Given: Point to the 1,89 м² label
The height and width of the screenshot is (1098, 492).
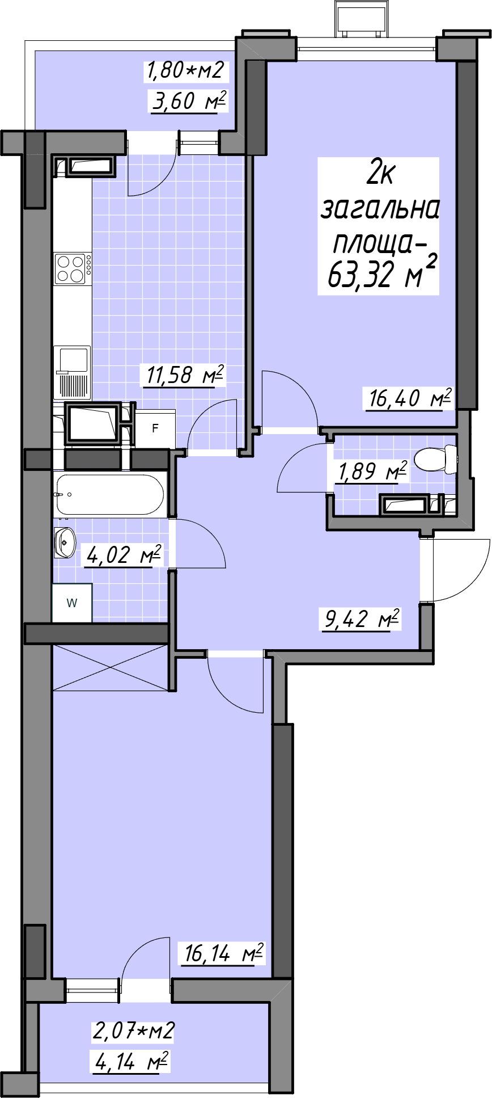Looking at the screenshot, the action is (372, 471).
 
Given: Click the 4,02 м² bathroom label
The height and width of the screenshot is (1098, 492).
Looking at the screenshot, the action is (124, 554).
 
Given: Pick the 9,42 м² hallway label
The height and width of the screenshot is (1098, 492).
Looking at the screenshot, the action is (362, 618).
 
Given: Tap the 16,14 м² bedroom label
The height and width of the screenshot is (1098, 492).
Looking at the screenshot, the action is (223, 953).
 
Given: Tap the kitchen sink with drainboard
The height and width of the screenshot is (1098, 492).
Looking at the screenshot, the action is (71, 372).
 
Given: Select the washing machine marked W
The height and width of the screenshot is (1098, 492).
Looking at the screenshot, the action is (72, 603).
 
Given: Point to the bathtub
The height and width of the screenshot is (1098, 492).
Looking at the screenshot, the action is (111, 495).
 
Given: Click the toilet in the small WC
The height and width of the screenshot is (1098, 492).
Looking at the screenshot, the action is (435, 458).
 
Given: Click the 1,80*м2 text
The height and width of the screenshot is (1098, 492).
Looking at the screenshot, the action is (185, 70).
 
